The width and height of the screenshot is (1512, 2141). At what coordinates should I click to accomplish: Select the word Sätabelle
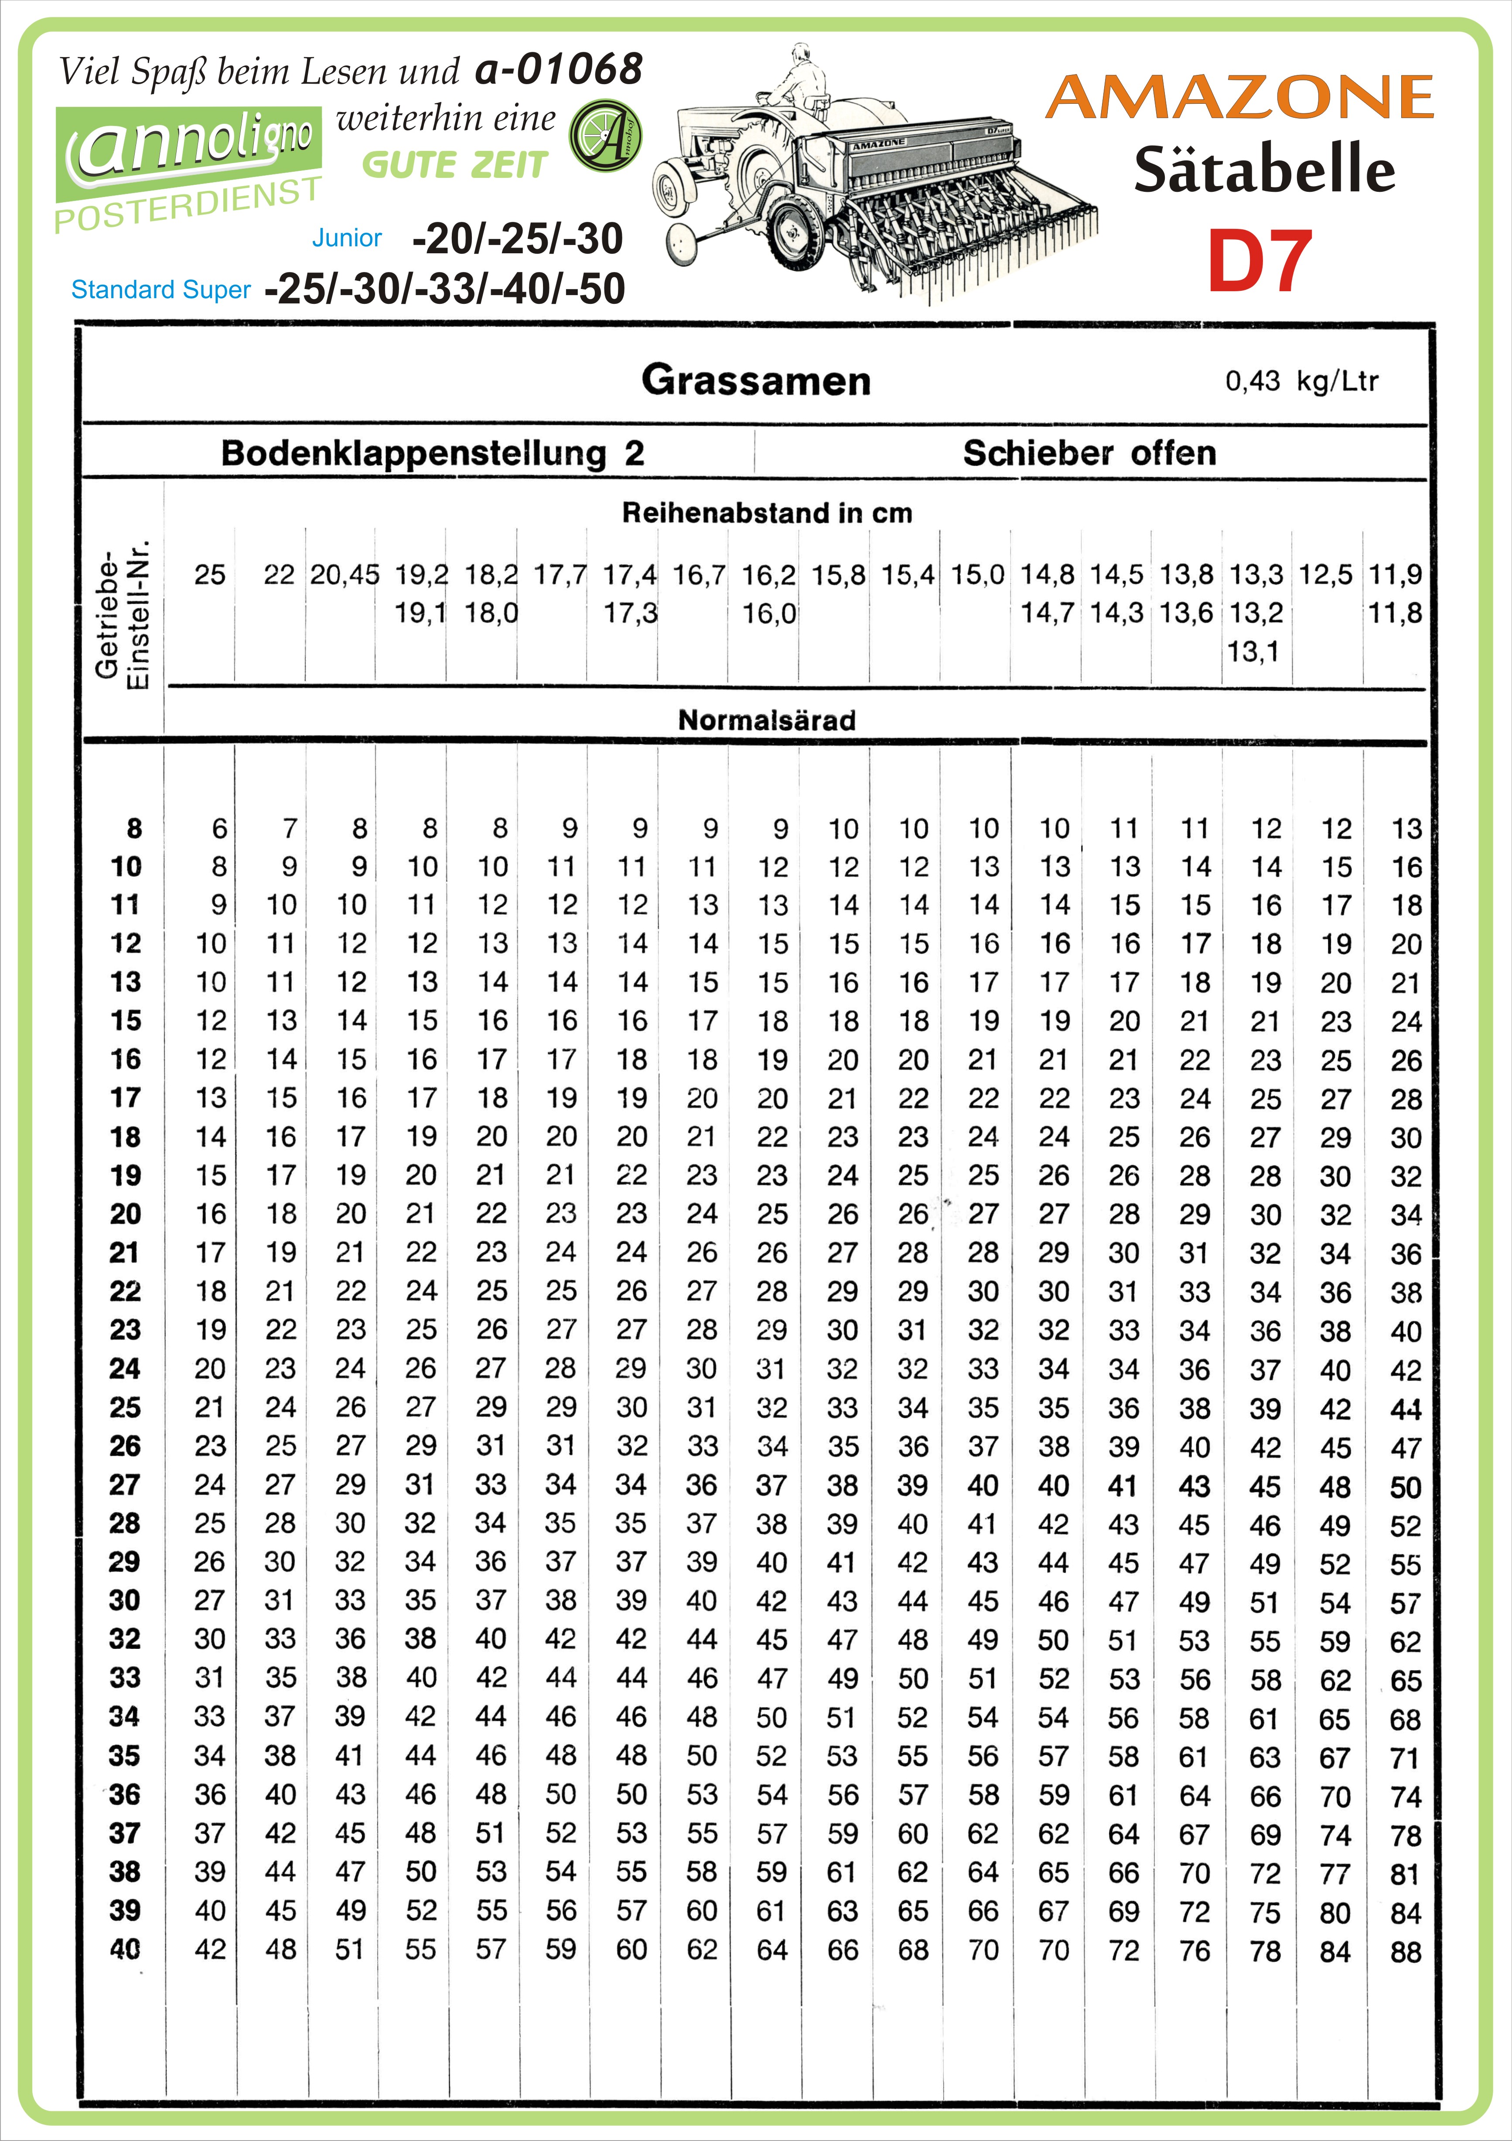pos(1264,170)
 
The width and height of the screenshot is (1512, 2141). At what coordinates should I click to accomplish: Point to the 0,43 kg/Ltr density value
pos(1301,381)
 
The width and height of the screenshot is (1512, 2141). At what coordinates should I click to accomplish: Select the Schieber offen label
pos(1089,453)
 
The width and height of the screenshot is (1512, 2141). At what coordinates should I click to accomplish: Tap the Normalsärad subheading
pos(767,720)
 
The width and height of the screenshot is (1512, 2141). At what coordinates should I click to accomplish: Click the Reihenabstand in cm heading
pos(767,513)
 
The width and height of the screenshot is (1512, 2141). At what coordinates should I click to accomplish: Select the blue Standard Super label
pos(160,290)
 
